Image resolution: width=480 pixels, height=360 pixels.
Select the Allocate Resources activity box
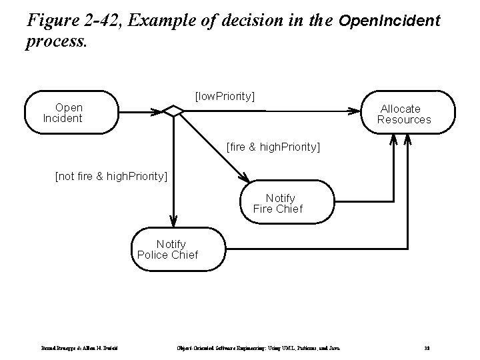407,113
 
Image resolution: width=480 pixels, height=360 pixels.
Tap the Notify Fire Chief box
280,203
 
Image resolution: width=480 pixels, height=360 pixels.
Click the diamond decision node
173,111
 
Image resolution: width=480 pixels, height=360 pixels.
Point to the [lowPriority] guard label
224,96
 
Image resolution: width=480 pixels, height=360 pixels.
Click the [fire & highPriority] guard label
273,145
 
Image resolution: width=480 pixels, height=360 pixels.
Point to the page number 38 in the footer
427,347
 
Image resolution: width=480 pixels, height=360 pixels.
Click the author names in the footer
80,347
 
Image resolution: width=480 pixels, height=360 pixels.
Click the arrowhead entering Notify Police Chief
173,221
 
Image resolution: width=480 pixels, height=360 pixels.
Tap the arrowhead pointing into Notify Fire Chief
245,178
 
